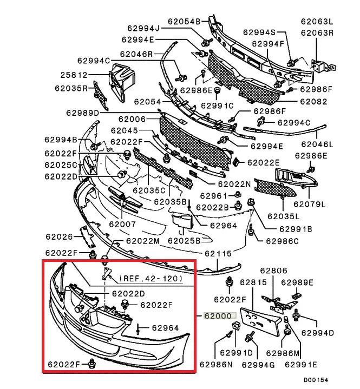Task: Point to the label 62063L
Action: (x=317, y=22)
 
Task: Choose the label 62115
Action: (x=218, y=253)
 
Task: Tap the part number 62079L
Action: (x=309, y=205)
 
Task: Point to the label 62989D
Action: (x=83, y=113)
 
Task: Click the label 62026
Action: (x=60, y=236)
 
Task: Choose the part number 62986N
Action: (x=215, y=364)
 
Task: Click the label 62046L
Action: (x=317, y=144)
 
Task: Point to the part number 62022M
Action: (x=143, y=241)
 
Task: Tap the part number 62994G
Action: (x=257, y=365)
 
